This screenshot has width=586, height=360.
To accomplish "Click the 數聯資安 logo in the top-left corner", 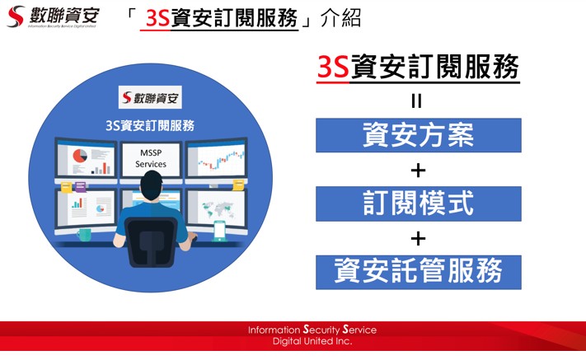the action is coord(53,16).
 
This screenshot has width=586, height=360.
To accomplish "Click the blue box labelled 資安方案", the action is coord(418,135).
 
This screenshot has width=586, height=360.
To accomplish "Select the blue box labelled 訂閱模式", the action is coord(418,203).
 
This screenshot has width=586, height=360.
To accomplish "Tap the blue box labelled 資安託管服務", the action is coord(418,272).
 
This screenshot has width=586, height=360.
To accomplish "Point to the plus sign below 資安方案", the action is coord(418,171).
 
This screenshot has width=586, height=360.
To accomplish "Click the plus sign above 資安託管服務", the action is coord(418,238).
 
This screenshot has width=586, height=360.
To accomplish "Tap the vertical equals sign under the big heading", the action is coord(416,101).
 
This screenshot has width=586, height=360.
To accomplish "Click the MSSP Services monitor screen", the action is coord(151,159).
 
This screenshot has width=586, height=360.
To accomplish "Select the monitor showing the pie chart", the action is coord(86,158).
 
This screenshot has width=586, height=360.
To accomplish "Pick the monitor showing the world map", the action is coord(217,209).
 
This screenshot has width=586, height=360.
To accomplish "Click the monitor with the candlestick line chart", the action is coord(217,158).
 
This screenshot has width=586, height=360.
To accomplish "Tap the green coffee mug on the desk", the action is coord(84,235).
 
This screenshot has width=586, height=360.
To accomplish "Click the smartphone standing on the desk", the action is coord(219,231).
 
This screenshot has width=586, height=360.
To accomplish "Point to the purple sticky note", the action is coord(80,186).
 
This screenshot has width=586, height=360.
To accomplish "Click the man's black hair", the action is coord(152,183).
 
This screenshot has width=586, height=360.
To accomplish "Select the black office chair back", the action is coord(151,241).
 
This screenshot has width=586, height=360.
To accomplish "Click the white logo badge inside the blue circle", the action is coord(150,97).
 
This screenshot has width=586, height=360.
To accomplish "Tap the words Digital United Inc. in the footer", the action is coord(312,341).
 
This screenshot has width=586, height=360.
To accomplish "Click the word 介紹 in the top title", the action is coord(341,18).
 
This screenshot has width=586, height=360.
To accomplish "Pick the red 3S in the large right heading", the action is coord(333,67).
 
